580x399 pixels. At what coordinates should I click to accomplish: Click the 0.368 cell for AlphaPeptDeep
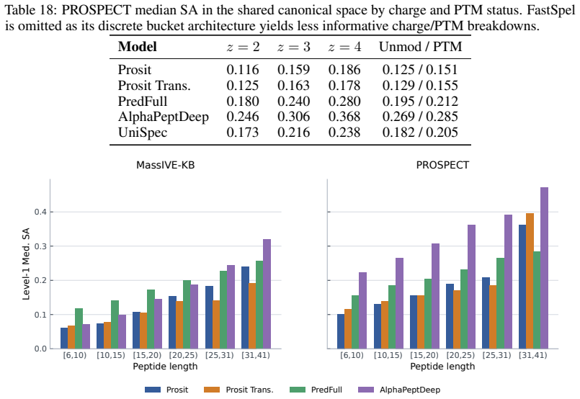click(344, 117)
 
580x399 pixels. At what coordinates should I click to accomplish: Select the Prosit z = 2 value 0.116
click(243, 70)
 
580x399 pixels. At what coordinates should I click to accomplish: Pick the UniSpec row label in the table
click(143, 133)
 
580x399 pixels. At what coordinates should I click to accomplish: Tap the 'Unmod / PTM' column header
click(420, 47)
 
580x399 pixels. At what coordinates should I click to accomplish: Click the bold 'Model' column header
click(137, 47)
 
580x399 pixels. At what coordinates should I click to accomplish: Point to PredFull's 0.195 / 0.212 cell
click(420, 101)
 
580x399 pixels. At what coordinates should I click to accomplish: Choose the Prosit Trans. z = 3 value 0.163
click(293, 86)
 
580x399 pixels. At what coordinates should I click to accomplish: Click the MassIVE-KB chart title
click(165, 165)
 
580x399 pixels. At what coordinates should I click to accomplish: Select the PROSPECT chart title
click(442, 165)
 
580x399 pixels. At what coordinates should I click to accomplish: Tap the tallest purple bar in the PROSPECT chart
click(544, 268)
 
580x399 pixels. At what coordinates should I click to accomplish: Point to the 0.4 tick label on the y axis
click(40, 212)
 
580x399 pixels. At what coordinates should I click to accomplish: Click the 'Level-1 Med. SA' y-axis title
click(25, 264)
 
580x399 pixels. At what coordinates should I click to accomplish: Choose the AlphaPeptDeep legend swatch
click(366, 390)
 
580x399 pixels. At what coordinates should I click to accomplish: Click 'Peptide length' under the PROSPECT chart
click(442, 367)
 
